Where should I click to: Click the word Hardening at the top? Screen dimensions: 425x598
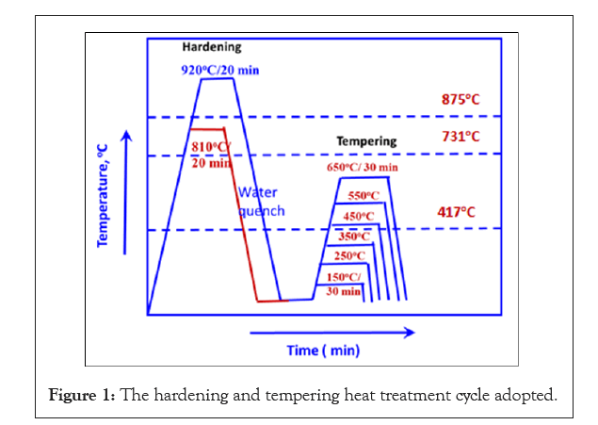[x=212, y=46]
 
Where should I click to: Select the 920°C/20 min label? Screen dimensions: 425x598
[x=218, y=69]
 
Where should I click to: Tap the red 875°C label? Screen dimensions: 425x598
[x=462, y=99]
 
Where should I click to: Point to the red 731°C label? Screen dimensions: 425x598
[x=461, y=137]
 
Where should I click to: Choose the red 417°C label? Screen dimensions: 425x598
[x=461, y=213]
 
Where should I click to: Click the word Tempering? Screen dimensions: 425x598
[x=366, y=142]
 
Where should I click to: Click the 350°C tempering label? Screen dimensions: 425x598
[x=354, y=237]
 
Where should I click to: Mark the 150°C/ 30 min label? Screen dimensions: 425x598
[x=344, y=284]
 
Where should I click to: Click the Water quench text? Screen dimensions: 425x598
[x=259, y=203]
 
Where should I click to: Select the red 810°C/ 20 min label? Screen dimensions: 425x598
[x=212, y=154]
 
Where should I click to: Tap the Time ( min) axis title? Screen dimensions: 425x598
[x=323, y=350]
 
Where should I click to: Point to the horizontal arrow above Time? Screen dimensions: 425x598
[x=331, y=332]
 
